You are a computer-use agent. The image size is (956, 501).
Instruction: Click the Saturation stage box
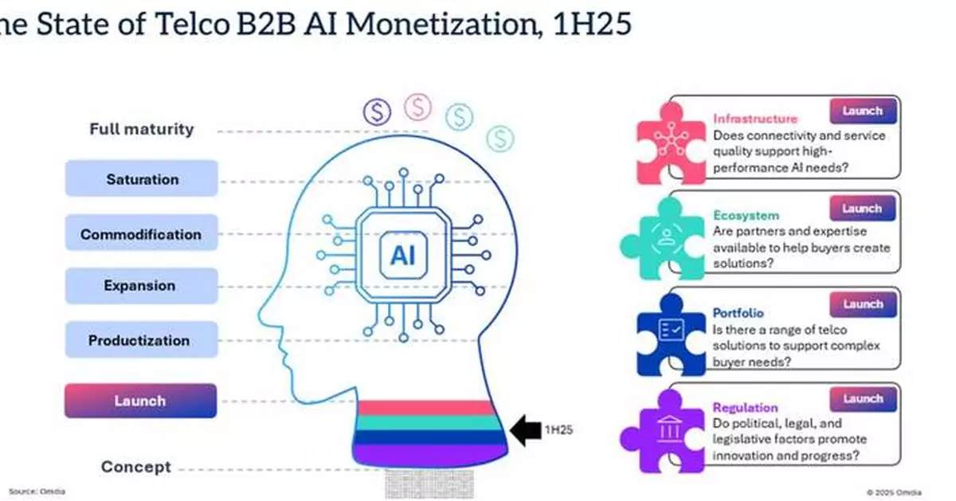[141, 179]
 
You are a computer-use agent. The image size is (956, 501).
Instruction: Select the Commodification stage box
[141, 234]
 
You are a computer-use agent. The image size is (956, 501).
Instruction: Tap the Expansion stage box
[141, 285]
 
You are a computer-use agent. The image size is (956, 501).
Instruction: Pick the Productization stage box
[141, 340]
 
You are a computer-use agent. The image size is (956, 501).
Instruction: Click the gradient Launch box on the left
[141, 401]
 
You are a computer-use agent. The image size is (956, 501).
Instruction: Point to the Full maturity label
[141, 129]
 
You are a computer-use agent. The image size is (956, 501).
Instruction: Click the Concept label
[135, 467]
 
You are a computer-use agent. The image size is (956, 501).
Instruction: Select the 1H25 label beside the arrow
[558, 431]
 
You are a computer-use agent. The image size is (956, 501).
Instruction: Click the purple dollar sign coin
[376, 112]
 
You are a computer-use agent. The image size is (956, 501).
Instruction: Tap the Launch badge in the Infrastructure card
[863, 112]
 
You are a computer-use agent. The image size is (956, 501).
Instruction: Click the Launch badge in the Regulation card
[863, 398]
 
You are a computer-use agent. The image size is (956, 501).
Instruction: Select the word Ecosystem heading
[746, 215]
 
